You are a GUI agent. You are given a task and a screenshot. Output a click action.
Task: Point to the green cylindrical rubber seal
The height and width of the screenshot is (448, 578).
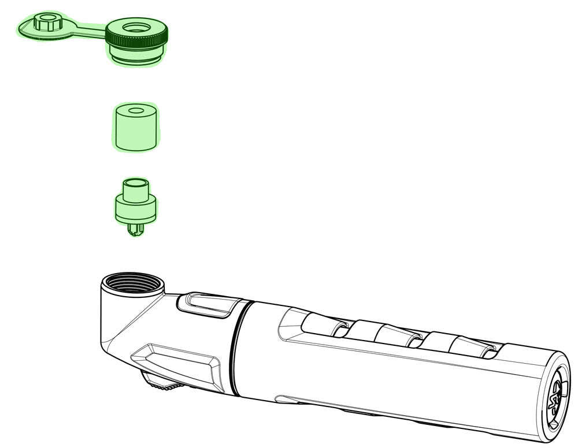tap(135, 130)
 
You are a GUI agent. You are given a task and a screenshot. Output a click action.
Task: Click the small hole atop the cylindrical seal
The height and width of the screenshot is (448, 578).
tap(135, 110)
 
